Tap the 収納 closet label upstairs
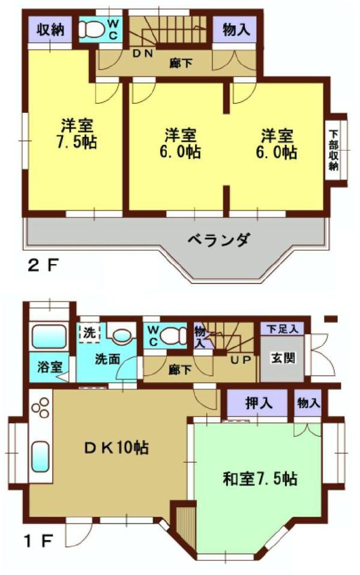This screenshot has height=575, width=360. point(50,29)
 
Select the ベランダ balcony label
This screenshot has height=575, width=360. point(219,240)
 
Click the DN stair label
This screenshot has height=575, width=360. point(142,53)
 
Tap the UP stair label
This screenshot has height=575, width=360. point(241,360)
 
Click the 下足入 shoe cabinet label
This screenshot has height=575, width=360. point(282,329)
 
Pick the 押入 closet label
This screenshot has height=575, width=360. point(259,403)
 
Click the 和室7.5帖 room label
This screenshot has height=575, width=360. point(260,478)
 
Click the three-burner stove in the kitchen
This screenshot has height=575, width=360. point(40,407)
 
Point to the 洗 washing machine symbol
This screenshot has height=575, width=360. point(89,333)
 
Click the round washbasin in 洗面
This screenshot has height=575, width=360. point(121,335)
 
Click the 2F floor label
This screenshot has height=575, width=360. point(43,266)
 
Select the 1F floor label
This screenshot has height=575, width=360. point(38,541)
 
